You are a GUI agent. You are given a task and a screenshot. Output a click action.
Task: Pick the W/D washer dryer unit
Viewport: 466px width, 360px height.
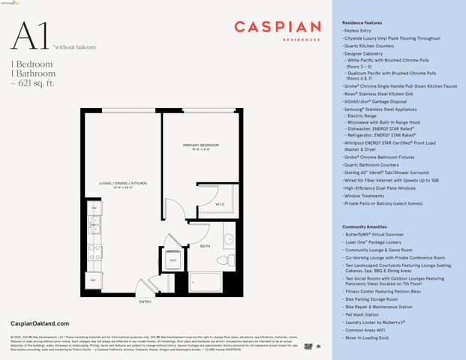173,259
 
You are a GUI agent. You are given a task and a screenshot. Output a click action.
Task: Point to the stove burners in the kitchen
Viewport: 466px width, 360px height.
94,251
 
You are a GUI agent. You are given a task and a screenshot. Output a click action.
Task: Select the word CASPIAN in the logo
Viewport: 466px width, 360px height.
273,27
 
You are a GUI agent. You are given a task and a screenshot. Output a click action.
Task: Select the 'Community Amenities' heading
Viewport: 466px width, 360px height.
365,226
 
